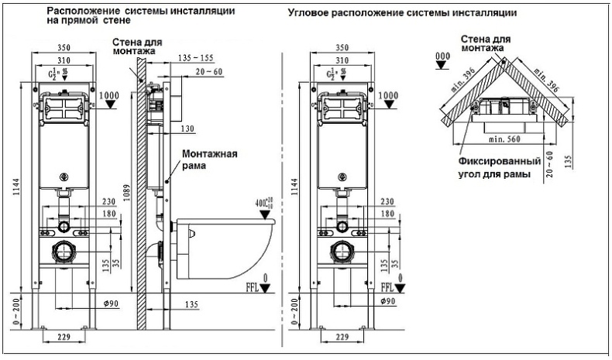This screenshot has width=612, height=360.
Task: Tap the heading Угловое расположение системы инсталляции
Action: click(x=402, y=14)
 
